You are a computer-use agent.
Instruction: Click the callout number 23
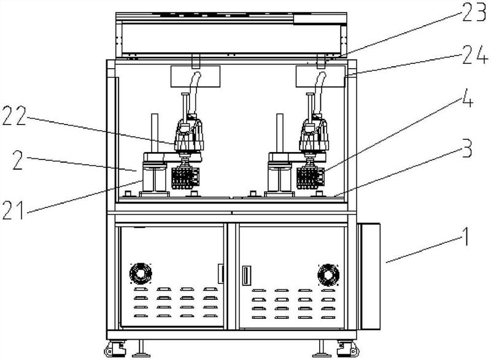(x=474, y=12)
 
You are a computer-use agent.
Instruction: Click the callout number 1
(x=466, y=237)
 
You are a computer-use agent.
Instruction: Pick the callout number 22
(x=14, y=116)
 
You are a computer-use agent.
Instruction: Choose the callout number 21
(x=13, y=210)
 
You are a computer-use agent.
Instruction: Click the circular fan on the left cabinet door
(x=141, y=274)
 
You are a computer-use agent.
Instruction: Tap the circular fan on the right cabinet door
(x=328, y=275)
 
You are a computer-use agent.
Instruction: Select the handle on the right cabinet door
(x=247, y=275)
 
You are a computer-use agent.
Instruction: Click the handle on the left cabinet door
(x=220, y=274)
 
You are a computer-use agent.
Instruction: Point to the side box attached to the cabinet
(x=369, y=276)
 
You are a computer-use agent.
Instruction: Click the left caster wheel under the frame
(x=115, y=349)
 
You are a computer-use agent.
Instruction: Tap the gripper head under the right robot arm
(x=310, y=178)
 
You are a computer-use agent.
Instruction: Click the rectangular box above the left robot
(x=195, y=76)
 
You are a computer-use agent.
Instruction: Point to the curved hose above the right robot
(x=319, y=91)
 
